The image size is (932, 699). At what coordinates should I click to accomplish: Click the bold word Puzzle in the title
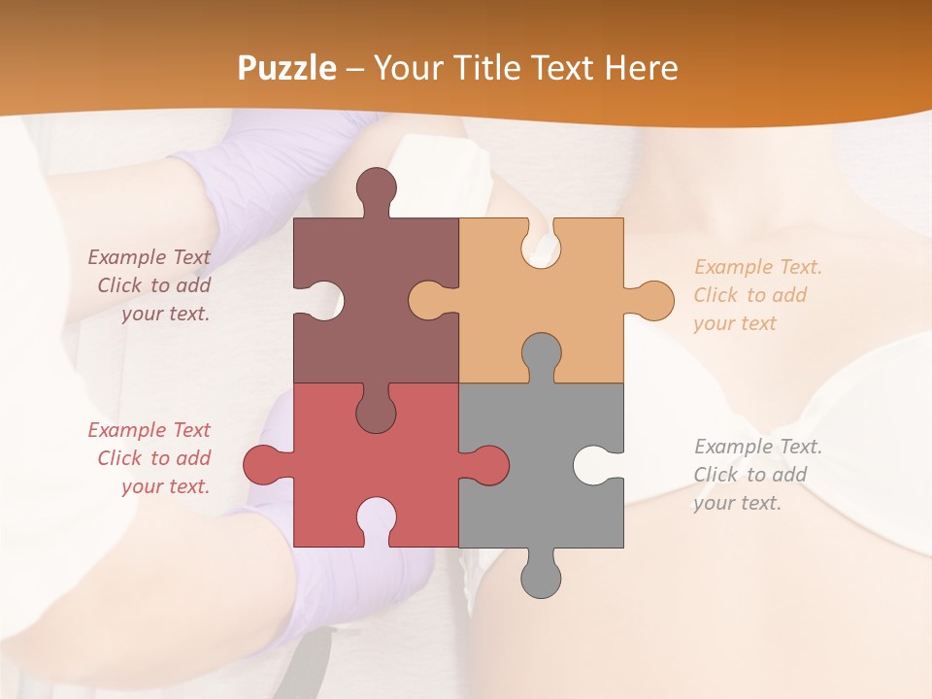287,68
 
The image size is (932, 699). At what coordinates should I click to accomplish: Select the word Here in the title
641,68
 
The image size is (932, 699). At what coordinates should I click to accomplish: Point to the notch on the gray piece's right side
595,465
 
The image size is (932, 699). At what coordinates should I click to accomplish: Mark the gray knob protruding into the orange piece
541,354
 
